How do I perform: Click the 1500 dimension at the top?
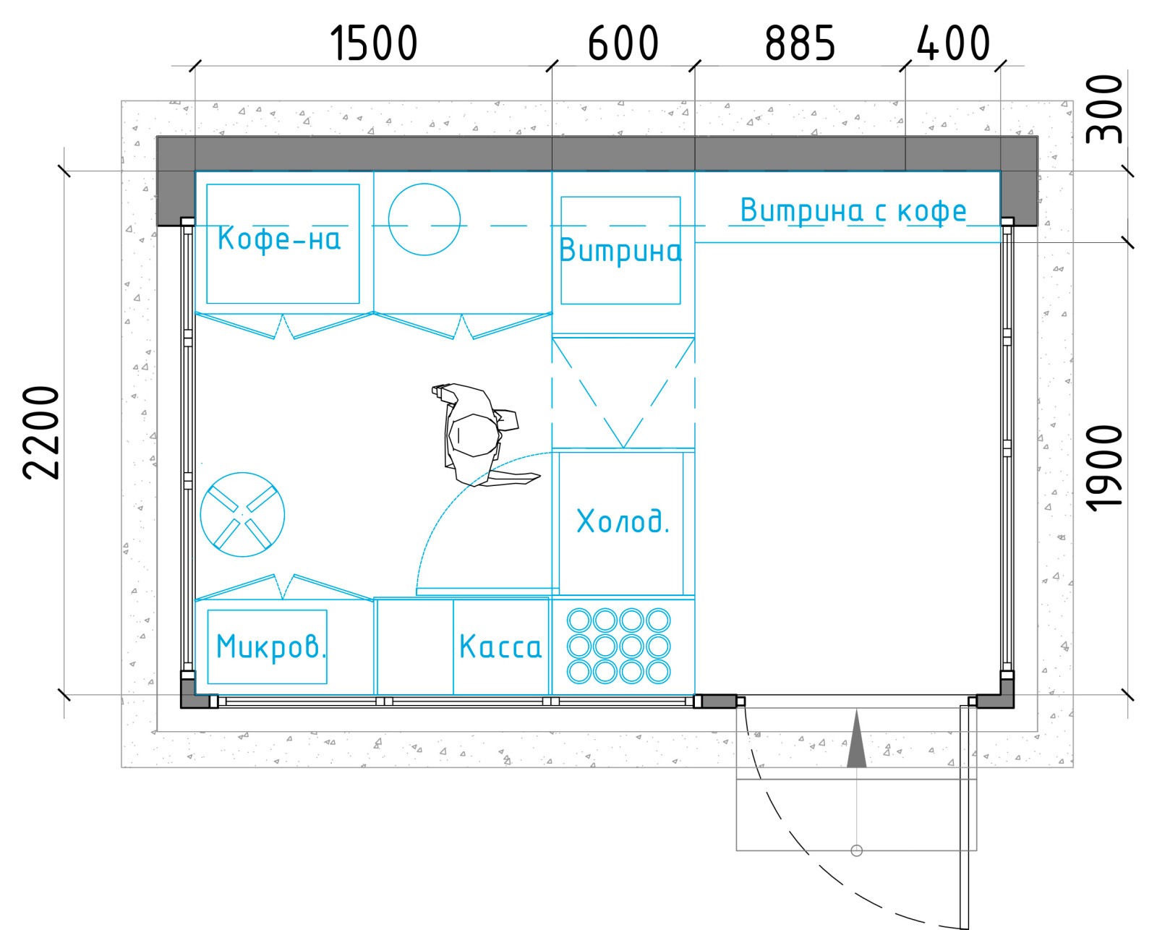(x=373, y=43)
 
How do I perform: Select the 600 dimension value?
(x=623, y=43)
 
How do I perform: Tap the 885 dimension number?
(x=800, y=43)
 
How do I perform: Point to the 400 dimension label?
(x=952, y=43)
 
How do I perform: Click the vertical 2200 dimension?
(x=41, y=432)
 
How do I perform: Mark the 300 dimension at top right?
(x=1103, y=110)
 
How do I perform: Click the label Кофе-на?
(x=279, y=239)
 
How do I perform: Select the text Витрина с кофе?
(x=853, y=210)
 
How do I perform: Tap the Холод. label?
(x=623, y=521)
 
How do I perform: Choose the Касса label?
(x=500, y=646)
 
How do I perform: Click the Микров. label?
(x=271, y=647)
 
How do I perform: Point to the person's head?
(x=474, y=435)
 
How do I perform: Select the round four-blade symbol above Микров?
(x=242, y=515)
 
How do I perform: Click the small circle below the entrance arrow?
(x=857, y=850)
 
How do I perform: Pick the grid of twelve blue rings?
(x=619, y=646)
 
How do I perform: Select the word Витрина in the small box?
(x=620, y=251)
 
